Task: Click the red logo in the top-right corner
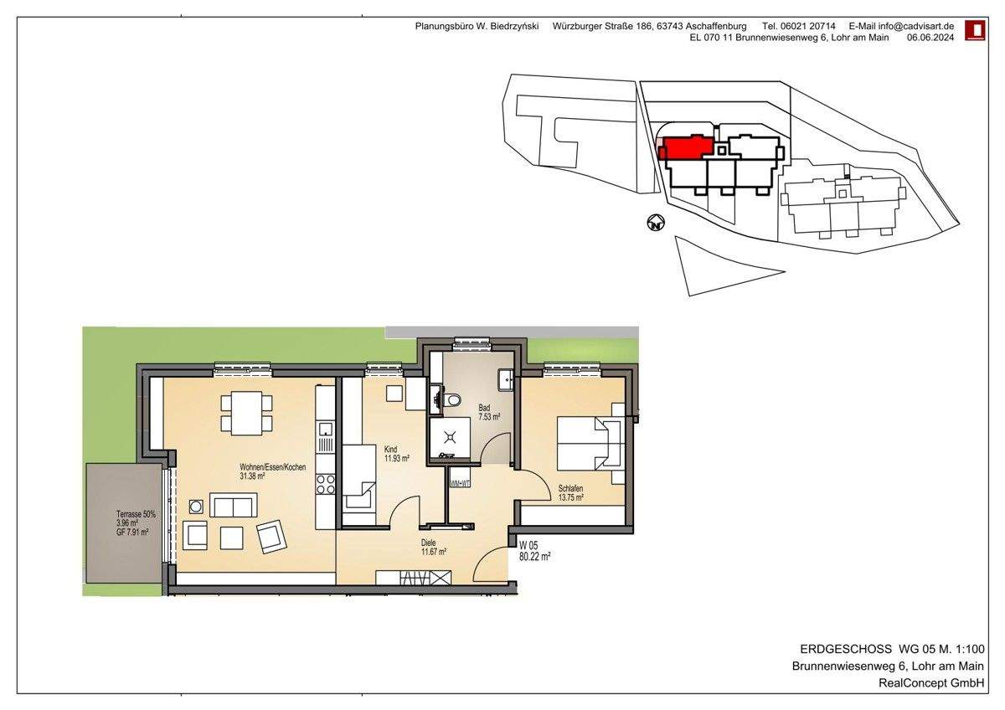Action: click(975, 31)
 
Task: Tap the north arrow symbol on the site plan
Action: click(656, 224)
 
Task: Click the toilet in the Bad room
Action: click(453, 400)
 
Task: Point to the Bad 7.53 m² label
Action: click(489, 411)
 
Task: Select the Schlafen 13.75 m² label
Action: click(570, 492)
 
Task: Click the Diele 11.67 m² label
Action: click(433, 547)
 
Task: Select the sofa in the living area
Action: click(234, 506)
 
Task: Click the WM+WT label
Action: click(460, 484)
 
